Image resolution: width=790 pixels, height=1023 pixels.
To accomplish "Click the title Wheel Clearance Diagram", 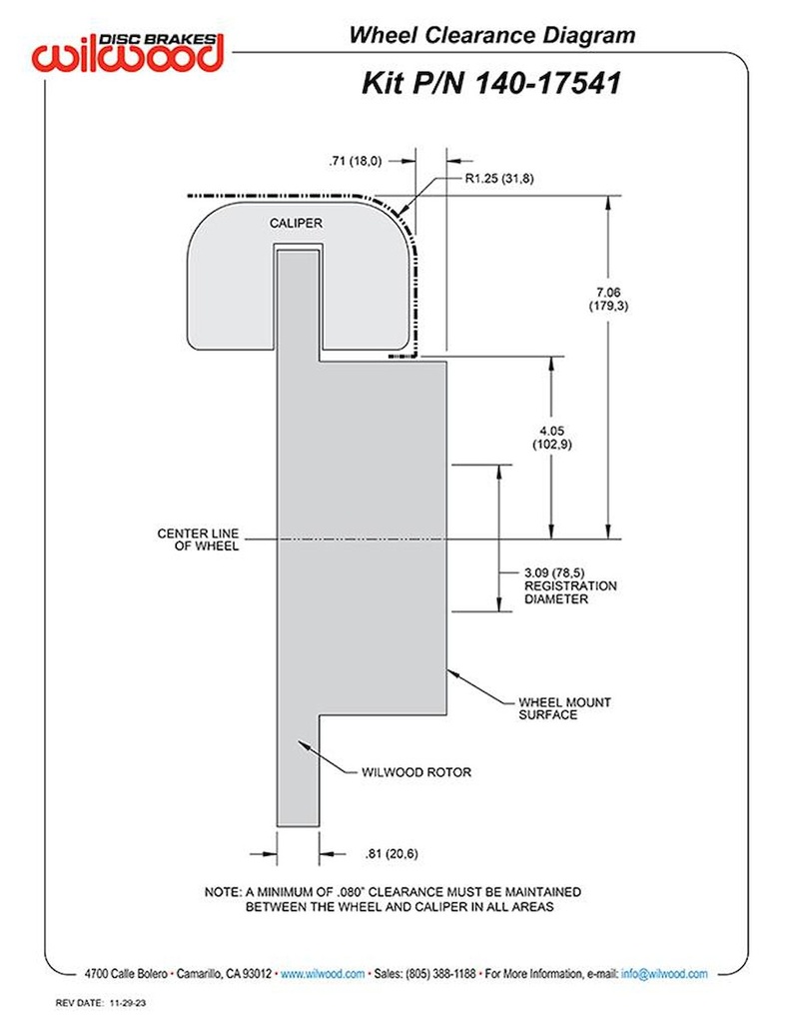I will (x=491, y=36).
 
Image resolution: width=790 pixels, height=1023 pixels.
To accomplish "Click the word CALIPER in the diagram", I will (x=296, y=223).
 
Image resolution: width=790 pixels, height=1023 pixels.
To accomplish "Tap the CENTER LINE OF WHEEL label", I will (x=198, y=540).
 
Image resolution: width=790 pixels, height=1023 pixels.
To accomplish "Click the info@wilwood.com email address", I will (x=664, y=973).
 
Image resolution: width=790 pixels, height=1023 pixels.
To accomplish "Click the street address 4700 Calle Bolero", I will (x=128, y=973).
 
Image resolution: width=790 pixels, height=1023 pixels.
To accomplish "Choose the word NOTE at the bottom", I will (x=223, y=890).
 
